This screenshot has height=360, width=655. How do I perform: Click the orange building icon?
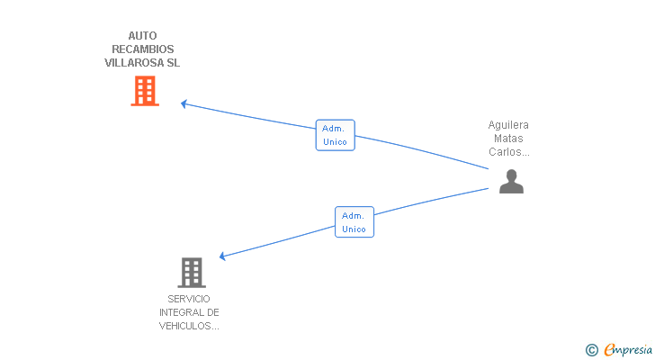click(x=145, y=91)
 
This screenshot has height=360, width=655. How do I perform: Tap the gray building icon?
click(x=192, y=273)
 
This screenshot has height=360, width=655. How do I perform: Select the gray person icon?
click(x=511, y=181)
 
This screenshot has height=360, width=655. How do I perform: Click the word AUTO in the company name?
click(x=142, y=36)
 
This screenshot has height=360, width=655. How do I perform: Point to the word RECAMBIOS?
click(x=143, y=49)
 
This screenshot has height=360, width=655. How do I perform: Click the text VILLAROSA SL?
click(x=142, y=63)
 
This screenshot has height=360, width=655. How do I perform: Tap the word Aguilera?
click(x=508, y=125)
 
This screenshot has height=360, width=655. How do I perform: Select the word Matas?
click(x=508, y=139)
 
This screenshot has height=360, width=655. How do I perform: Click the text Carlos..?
click(x=504, y=151)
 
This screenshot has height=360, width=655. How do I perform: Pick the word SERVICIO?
click(x=189, y=299)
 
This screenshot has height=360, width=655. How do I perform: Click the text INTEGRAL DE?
click(x=189, y=312)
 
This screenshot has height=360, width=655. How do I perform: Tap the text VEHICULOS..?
click(x=185, y=326)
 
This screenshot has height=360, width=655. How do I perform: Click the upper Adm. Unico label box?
click(x=335, y=135)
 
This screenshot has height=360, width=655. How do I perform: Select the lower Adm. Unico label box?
click(x=354, y=221)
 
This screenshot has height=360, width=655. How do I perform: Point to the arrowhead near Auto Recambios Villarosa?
click(x=184, y=103)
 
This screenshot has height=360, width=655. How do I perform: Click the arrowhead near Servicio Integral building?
click(x=222, y=256)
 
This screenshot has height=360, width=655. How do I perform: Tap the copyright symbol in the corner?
click(x=591, y=350)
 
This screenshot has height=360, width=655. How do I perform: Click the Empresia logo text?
click(x=628, y=350)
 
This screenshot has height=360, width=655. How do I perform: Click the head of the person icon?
click(x=511, y=175)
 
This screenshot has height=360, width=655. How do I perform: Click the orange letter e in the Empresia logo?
click(x=609, y=349)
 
